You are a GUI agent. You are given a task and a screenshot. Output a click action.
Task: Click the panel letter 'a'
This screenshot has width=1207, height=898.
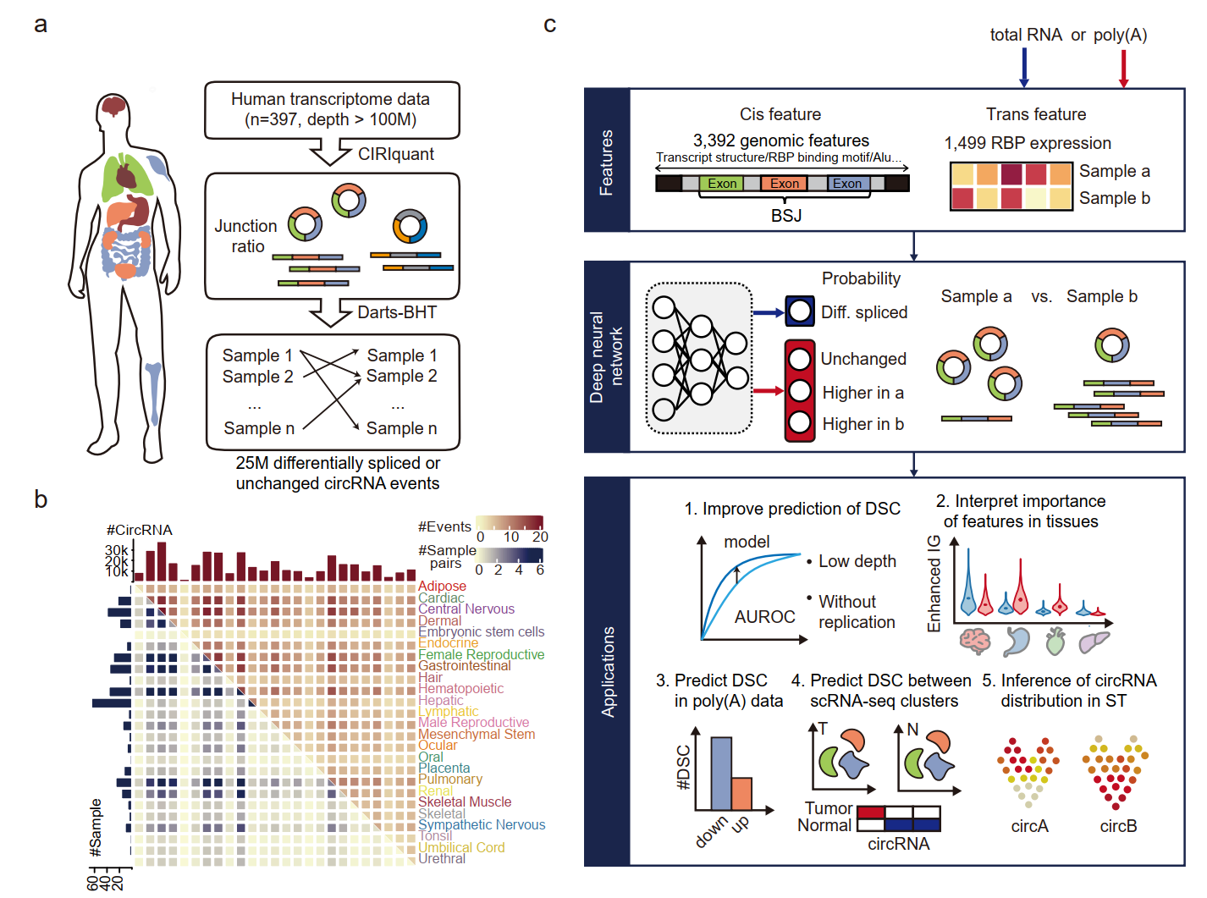click(x=40, y=25)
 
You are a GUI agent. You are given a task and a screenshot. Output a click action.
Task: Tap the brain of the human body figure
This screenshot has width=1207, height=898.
click(x=113, y=106)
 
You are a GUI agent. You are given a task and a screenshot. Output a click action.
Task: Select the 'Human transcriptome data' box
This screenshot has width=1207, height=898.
click(x=331, y=110)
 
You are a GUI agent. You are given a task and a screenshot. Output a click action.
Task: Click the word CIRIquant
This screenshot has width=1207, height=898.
click(x=395, y=154)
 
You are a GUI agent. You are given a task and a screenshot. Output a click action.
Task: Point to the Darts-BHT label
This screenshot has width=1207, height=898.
click(x=396, y=312)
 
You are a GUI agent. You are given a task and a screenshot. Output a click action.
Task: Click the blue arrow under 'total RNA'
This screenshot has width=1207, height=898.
click(x=1024, y=68)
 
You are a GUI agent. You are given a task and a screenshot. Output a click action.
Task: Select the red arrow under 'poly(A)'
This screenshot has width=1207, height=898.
click(x=1123, y=68)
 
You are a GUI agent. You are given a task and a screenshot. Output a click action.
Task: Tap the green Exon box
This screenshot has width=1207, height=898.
click(x=721, y=184)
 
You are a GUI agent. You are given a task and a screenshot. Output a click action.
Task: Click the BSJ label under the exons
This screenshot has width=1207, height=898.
click(x=785, y=216)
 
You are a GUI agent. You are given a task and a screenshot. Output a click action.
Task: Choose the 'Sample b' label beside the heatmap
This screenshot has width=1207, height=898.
click(x=1114, y=198)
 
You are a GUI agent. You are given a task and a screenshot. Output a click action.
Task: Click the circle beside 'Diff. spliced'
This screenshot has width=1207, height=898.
click(x=799, y=311)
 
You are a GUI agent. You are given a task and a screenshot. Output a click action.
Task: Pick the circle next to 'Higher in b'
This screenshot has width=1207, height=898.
click(x=799, y=422)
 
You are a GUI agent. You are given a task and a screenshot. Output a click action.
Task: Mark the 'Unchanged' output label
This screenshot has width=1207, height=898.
click(x=863, y=359)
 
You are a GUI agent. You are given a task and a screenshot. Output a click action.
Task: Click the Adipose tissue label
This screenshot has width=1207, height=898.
click(x=442, y=586)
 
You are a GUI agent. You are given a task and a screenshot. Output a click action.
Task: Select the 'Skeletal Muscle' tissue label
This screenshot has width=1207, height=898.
click(x=465, y=802)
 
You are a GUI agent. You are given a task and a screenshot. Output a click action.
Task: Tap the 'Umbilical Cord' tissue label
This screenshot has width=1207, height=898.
click(x=461, y=847)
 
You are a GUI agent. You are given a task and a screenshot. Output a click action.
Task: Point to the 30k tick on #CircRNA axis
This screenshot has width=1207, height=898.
click(x=117, y=550)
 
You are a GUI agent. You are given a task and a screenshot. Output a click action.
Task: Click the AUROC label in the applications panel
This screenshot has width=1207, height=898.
click(x=764, y=617)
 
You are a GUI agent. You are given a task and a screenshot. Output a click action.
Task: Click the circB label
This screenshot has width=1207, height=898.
click(x=1118, y=826)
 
